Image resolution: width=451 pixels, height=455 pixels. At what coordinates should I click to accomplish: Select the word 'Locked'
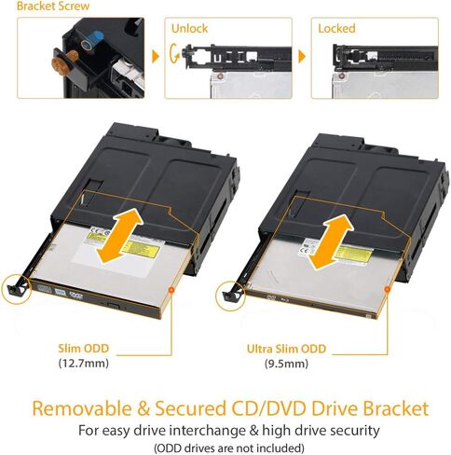click(336, 29)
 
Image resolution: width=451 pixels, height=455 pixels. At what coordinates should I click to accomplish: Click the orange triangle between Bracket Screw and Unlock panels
click(154, 57)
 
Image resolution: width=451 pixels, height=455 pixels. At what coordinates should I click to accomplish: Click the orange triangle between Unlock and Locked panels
click(299, 57)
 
